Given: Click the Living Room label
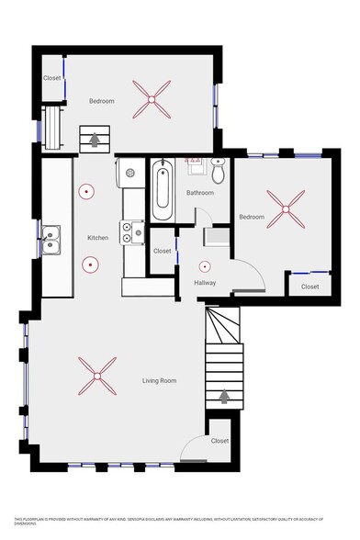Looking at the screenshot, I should coord(159,380).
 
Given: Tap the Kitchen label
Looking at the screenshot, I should coord(98,238).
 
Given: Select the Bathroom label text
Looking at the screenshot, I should coord(200,193).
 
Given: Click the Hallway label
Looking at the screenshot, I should coord(205,282).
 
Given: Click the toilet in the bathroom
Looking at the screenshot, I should coord(219,171).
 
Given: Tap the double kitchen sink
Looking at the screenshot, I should coord(51,242).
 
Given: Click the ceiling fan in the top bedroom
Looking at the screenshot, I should coord(151,98).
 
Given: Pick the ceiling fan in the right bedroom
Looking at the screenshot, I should coord(284,209).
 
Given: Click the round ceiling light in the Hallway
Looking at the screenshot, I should coord(205,265).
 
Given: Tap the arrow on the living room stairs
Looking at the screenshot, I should coord(225,396).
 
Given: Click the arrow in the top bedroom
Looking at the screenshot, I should coord(93,139).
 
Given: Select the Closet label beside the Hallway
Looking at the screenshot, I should coord(162,251).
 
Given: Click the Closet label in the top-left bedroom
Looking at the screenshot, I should coord(52,79).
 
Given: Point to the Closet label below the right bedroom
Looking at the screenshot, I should coord(310,287).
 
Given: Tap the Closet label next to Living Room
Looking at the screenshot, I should coord(219,441).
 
